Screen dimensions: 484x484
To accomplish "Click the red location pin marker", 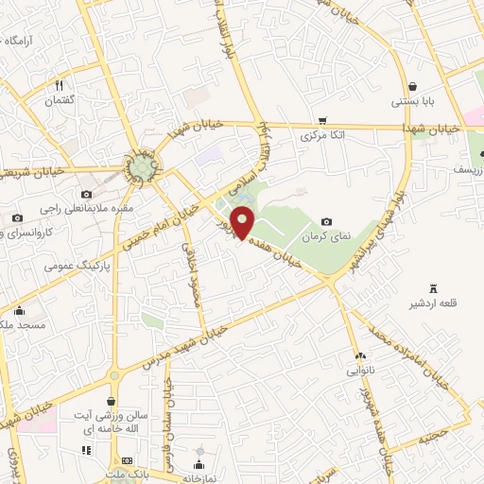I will [x=244, y=223].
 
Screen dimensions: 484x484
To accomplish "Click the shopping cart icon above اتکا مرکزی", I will [x=323, y=121].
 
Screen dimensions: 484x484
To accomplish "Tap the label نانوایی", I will [x=360, y=372].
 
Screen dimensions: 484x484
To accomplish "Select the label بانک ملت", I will [x=128, y=475].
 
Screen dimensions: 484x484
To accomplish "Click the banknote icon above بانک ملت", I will [x=128, y=459].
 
